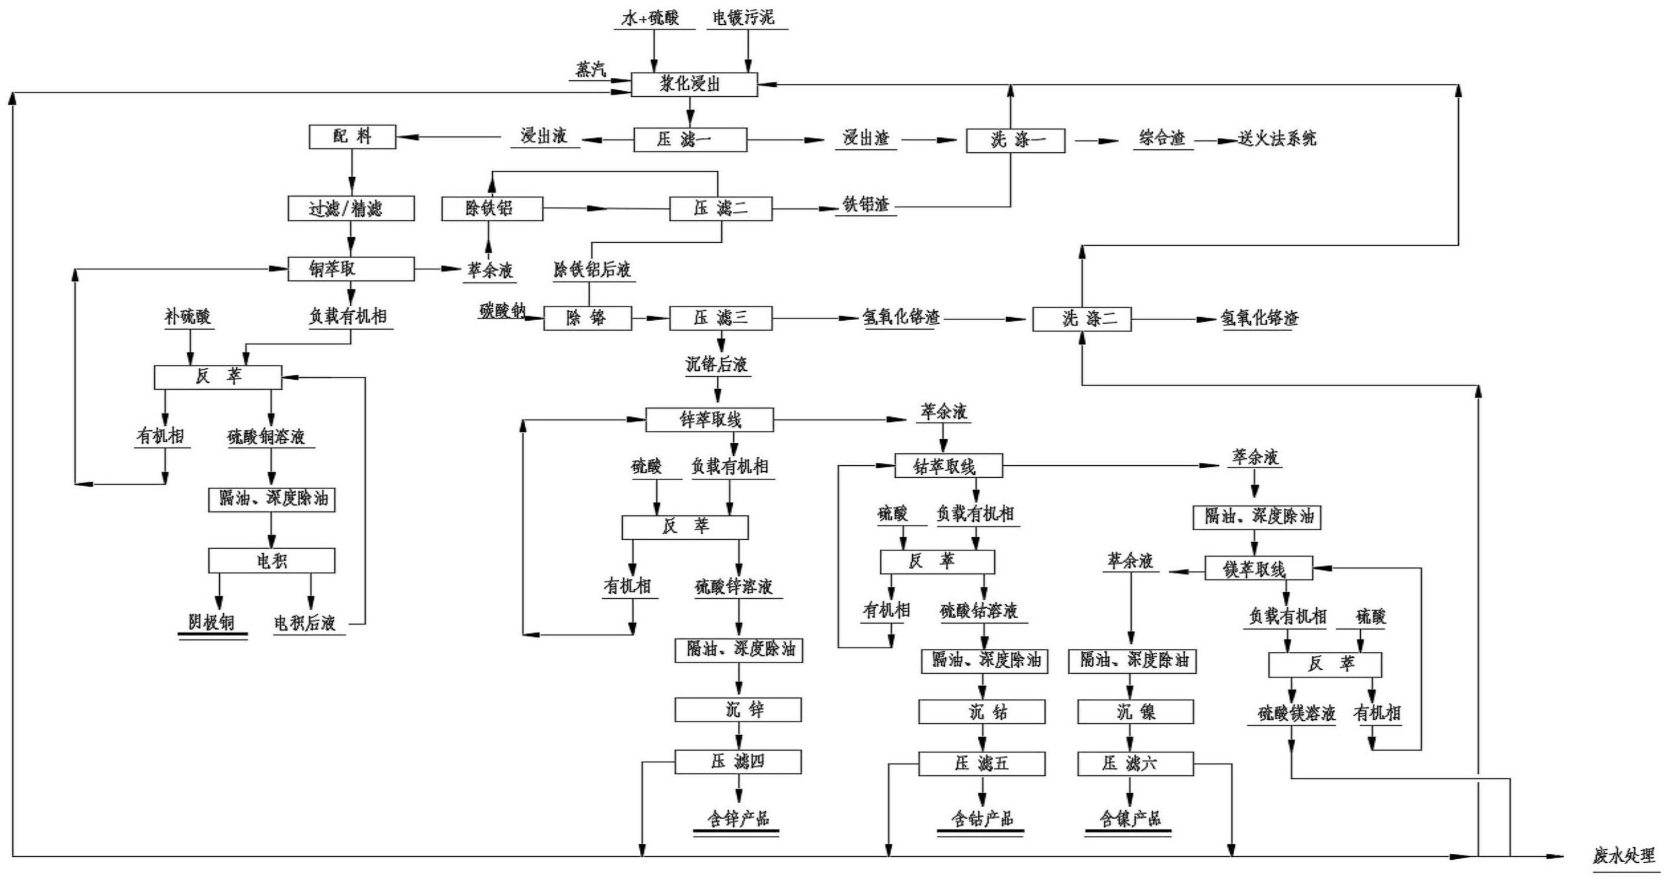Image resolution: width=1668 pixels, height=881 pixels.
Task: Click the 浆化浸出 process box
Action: pos(694,85)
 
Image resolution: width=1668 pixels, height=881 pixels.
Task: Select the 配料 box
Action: pos(352,136)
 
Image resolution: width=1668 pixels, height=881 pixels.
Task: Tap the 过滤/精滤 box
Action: pos(351,208)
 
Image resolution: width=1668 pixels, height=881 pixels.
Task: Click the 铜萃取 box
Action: pos(351,269)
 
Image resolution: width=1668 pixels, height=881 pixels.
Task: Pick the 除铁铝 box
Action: pos(492,208)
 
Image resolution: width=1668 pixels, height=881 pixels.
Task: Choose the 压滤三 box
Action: pos(720,318)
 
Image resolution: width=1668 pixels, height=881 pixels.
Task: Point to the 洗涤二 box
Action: pos(1081,319)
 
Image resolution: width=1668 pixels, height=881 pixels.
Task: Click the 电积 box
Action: pos(271,560)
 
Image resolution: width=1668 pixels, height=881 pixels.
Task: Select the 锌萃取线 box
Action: pos(710,420)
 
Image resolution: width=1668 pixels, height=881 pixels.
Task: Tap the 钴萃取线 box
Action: pos(948,466)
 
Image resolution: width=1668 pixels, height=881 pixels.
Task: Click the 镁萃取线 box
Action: pos(1258,569)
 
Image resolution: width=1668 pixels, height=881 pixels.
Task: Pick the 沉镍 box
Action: pos(1135,712)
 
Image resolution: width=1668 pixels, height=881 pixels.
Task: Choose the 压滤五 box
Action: pos(981,764)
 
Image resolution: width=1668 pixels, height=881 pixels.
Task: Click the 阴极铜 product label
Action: pos(212,623)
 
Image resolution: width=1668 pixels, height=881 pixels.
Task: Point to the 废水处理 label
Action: pos(1623,856)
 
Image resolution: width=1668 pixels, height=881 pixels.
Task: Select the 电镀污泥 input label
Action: pos(743,18)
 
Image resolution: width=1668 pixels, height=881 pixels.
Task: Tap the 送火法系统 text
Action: pos(1277,139)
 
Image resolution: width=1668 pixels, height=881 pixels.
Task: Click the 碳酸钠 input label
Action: pos(502,311)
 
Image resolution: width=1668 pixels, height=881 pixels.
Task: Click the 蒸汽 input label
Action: pos(591,69)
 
